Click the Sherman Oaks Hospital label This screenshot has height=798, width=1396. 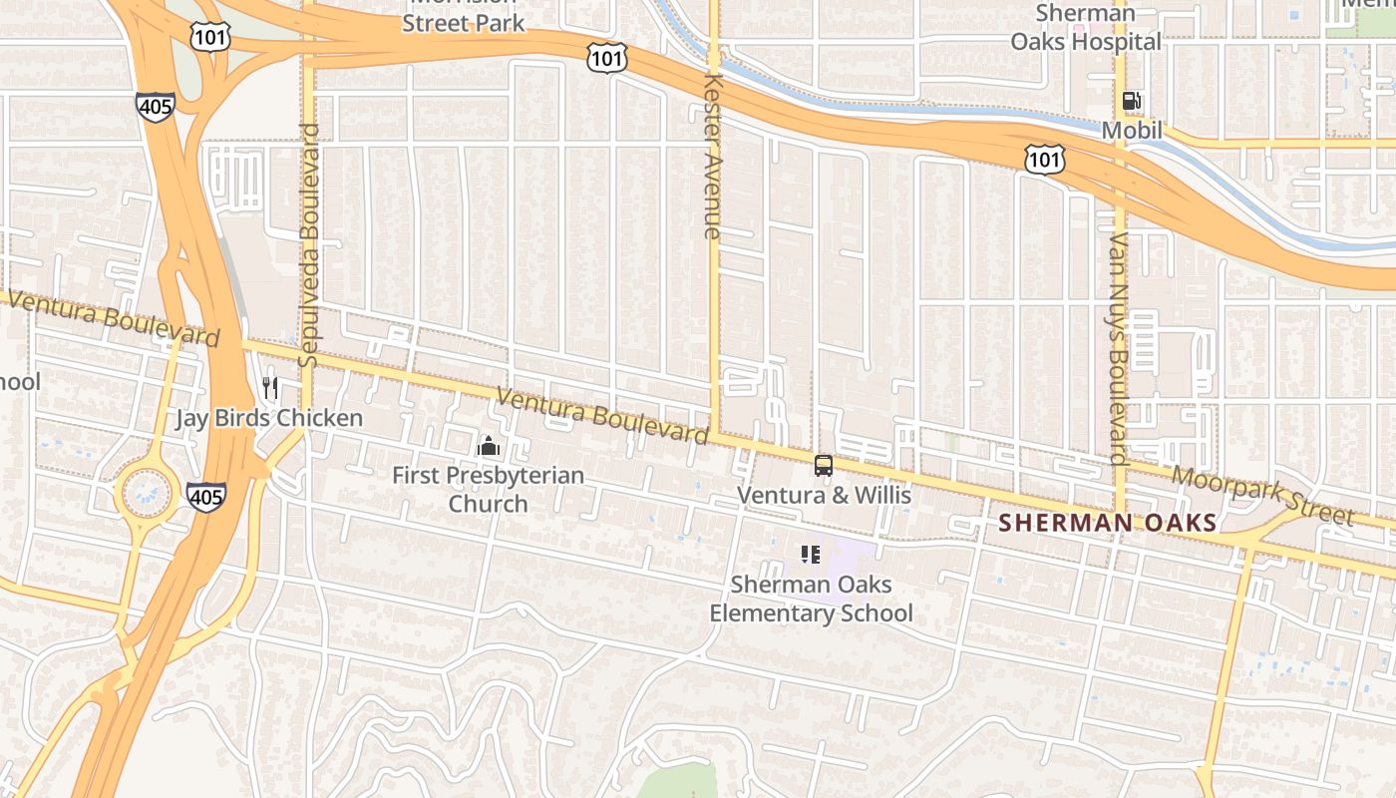point(1086,28)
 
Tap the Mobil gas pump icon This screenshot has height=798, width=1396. point(1132,101)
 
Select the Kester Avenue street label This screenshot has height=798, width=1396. point(712,155)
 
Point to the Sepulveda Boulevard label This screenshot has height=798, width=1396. point(309,244)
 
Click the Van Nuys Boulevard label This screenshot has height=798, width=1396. point(1119,349)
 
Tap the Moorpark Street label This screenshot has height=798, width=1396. point(1262,496)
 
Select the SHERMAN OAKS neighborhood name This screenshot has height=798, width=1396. point(1108,523)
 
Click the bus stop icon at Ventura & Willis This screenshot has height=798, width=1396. point(824,465)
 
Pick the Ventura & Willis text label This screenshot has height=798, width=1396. point(824,495)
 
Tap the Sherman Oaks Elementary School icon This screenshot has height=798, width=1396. point(810,555)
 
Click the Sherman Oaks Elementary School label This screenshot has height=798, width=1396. point(811,598)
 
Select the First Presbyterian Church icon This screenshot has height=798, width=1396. point(488,446)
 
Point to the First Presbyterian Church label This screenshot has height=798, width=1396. point(488,489)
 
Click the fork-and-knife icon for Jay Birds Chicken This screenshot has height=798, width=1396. point(270,387)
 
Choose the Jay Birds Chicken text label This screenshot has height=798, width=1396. point(269,418)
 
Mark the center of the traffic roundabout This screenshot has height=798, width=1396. point(147,492)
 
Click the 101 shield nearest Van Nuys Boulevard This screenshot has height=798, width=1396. point(1044,159)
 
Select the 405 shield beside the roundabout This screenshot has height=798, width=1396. point(205,497)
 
